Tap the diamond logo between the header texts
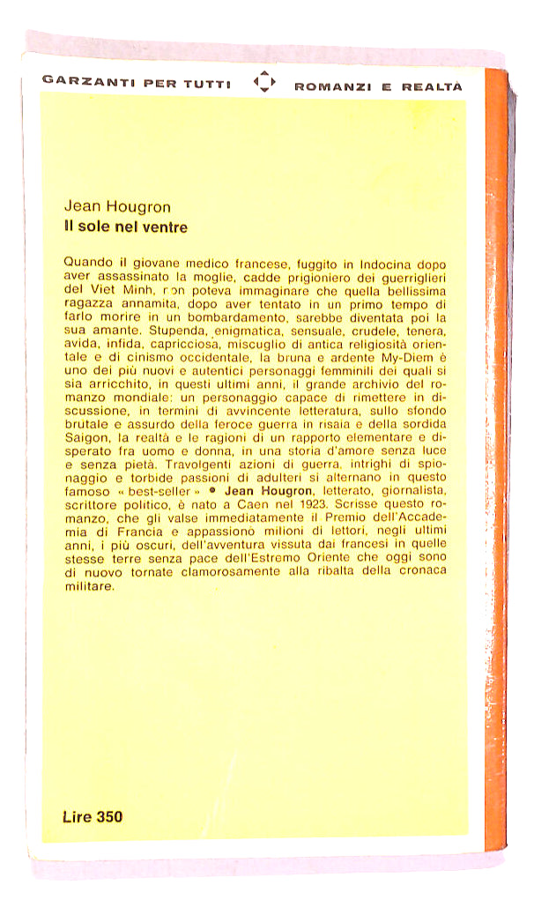click(263, 84)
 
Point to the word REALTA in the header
click(432, 86)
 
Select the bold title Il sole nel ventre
click(125, 227)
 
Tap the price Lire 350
click(93, 816)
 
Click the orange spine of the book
click(497, 441)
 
